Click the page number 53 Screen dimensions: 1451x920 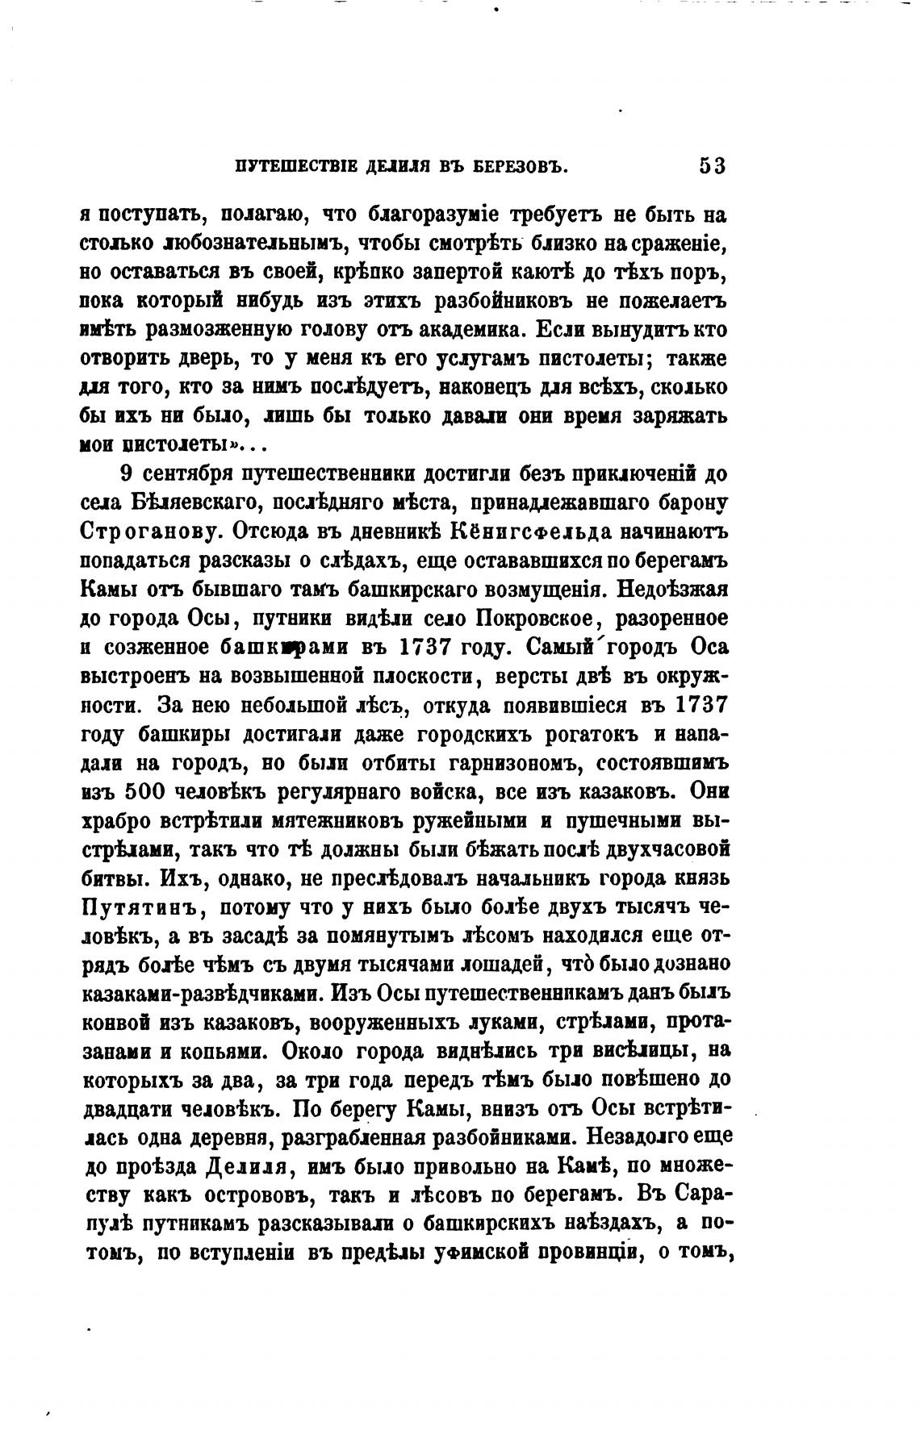(713, 167)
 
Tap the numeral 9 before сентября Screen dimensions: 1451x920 (126, 473)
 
